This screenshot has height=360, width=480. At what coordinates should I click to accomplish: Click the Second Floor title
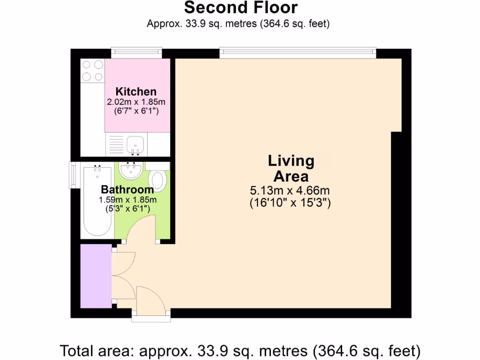[240, 8]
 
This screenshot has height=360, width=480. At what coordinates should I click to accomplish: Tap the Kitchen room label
[136, 91]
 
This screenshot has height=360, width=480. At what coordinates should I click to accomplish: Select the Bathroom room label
[127, 190]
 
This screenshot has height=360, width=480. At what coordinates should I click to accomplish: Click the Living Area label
[291, 169]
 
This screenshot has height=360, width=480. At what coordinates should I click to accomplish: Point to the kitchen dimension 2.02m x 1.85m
[136, 102]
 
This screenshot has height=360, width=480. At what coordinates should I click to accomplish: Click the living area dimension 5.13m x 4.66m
[291, 191]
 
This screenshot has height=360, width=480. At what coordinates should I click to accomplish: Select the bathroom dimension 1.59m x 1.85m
[127, 200]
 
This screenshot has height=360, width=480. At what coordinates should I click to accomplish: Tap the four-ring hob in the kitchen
[92, 71]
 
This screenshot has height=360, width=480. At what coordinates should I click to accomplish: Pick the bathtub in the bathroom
[97, 202]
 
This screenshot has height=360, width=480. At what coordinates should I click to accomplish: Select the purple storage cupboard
[96, 276]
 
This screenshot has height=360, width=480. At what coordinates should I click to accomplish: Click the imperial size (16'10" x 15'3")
[291, 203]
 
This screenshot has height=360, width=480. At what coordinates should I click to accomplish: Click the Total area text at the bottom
[240, 350]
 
